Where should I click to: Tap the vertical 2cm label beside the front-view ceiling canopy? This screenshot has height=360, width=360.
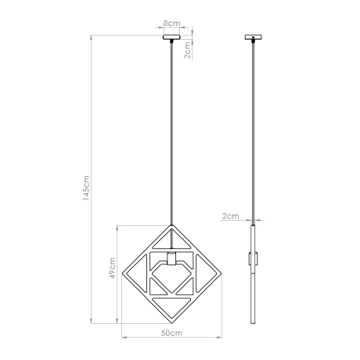(188, 52)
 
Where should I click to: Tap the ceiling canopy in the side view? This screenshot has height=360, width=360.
(253, 37)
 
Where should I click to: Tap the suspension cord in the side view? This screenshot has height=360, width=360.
(253, 133)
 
